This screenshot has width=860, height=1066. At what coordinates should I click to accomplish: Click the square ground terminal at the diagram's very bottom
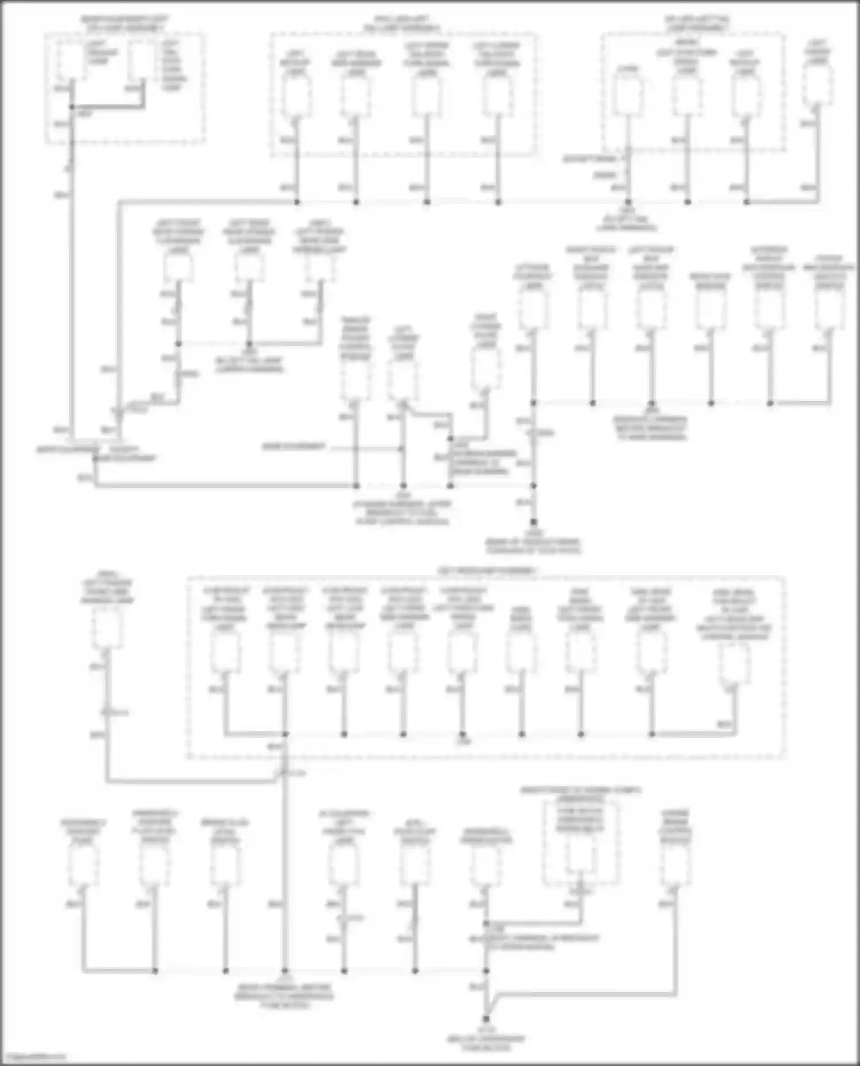tap(486, 1019)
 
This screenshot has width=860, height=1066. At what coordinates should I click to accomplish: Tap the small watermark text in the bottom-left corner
tap(33, 1056)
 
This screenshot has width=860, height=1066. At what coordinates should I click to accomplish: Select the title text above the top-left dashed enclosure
tap(124, 23)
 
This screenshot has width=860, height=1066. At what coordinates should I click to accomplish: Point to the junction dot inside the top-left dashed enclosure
tap(72, 107)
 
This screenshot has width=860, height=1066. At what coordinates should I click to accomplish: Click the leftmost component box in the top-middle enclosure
tap(297, 97)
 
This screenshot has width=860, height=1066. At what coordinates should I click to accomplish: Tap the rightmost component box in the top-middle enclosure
tap(498, 97)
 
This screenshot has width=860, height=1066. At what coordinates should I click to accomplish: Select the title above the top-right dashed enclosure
tap(696, 23)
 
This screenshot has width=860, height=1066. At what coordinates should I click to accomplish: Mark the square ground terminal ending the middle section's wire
tap(533, 522)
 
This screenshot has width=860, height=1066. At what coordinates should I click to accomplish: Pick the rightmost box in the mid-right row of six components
tap(828, 310)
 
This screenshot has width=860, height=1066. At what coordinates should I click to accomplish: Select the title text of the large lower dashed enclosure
tap(487, 571)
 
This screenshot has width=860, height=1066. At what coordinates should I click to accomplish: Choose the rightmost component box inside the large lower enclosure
tap(734, 664)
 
